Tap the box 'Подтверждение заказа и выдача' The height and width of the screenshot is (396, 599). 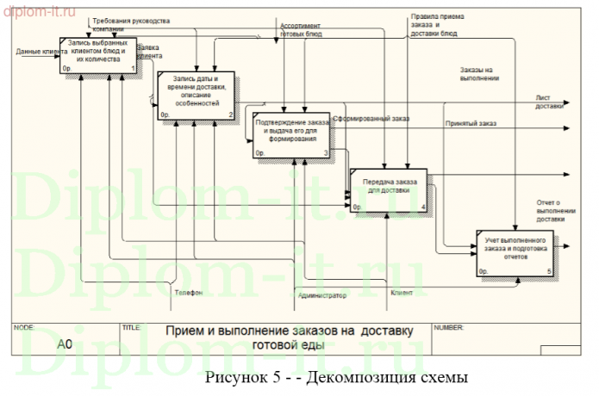(292, 134)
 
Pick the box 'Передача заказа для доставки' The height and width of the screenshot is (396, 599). (389, 189)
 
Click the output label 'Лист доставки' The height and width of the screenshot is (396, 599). (549, 102)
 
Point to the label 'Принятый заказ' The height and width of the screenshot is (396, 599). (471, 124)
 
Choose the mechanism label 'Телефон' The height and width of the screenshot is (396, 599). (189, 293)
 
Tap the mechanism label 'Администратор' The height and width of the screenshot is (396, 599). (321, 295)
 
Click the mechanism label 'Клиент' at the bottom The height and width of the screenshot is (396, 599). (402, 293)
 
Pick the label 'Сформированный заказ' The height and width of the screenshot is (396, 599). (371, 119)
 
